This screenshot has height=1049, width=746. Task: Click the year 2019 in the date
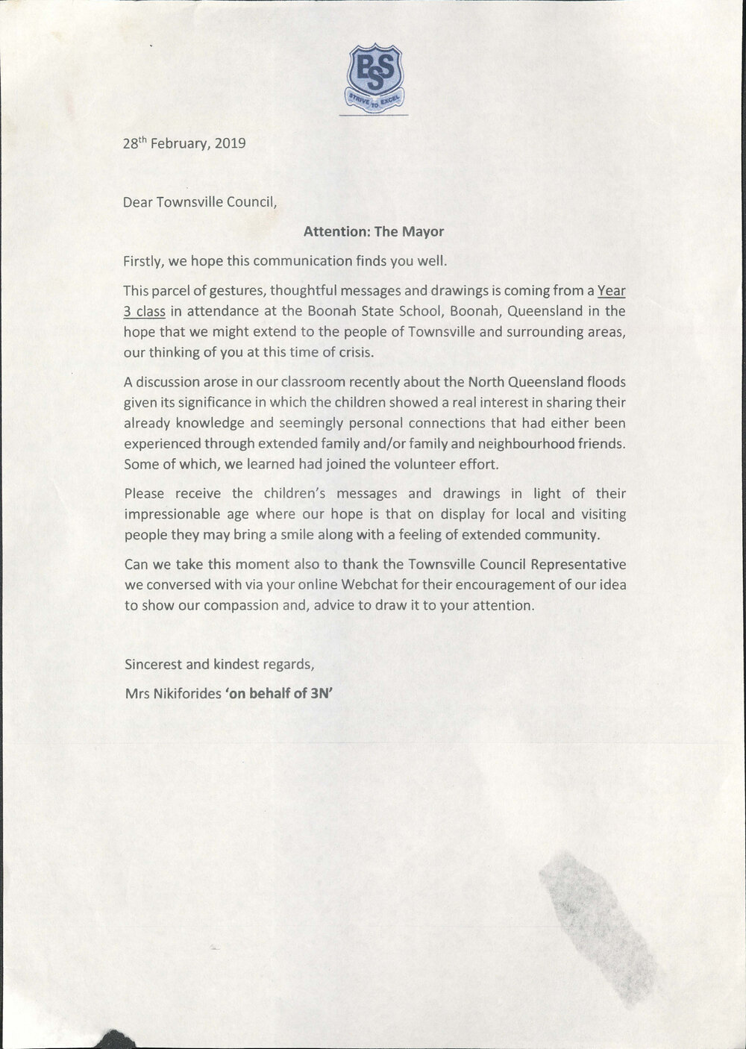pyautogui.click(x=230, y=143)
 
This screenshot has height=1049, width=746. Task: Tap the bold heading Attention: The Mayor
pyautogui.click(x=373, y=231)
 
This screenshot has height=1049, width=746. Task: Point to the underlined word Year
pyautogui.click(x=611, y=291)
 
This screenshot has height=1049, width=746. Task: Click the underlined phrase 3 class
pyautogui.click(x=145, y=311)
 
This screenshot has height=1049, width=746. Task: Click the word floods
pyautogui.click(x=602, y=382)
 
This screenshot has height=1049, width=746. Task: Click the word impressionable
pyautogui.click(x=172, y=514)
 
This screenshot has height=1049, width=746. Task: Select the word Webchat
pyautogui.click(x=374, y=585)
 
